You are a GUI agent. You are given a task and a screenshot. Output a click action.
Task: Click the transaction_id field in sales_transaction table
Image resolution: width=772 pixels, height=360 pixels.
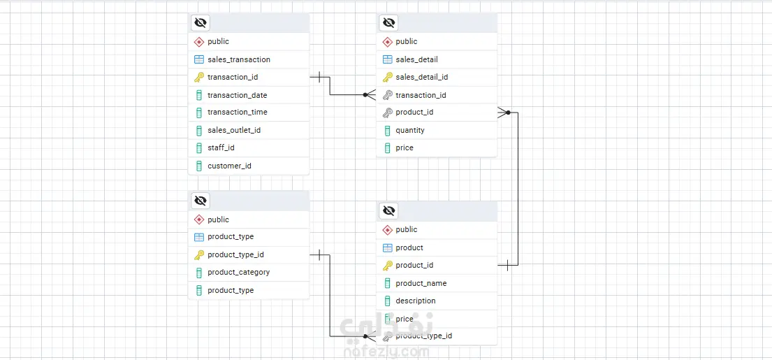click(232, 77)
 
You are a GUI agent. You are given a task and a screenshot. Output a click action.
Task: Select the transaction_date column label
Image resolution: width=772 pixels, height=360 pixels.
click(237, 95)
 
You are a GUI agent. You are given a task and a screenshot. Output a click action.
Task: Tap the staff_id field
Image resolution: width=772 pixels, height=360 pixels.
click(221, 147)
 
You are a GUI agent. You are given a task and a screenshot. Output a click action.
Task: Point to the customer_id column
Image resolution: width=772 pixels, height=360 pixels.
click(229, 166)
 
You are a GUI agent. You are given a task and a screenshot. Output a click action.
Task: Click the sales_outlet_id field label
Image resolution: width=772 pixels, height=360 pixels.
click(233, 130)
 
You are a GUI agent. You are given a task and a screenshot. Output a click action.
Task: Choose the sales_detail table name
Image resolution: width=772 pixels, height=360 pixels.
click(416, 59)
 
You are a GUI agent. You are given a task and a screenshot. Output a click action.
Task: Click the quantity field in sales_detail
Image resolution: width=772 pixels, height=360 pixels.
click(409, 130)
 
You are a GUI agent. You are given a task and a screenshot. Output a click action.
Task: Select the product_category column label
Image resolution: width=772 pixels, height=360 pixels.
click(238, 272)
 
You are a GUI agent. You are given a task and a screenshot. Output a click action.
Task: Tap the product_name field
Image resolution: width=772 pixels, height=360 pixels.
click(421, 283)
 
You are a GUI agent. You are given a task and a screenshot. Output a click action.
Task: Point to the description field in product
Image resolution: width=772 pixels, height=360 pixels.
click(415, 301)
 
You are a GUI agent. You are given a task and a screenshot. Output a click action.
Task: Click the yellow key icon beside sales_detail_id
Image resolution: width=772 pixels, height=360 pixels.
click(388, 77)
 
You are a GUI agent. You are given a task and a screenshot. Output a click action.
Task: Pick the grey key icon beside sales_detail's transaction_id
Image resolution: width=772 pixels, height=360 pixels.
click(388, 95)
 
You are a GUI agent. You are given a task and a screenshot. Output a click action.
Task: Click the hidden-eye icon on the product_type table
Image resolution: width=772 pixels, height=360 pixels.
click(201, 201)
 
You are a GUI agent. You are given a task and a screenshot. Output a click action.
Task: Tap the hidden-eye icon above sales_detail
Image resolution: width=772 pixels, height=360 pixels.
click(388, 22)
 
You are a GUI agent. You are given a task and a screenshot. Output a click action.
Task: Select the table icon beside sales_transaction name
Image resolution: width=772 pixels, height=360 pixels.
click(199, 59)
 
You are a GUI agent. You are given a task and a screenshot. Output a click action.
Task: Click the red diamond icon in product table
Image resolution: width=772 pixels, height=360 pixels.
click(388, 229)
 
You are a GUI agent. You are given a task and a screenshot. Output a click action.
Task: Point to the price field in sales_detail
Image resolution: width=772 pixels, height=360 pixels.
click(404, 147)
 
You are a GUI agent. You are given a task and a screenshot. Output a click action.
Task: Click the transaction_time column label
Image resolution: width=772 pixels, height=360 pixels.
click(237, 112)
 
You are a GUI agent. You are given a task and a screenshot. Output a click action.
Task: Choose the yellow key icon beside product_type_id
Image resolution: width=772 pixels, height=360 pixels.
click(199, 254)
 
